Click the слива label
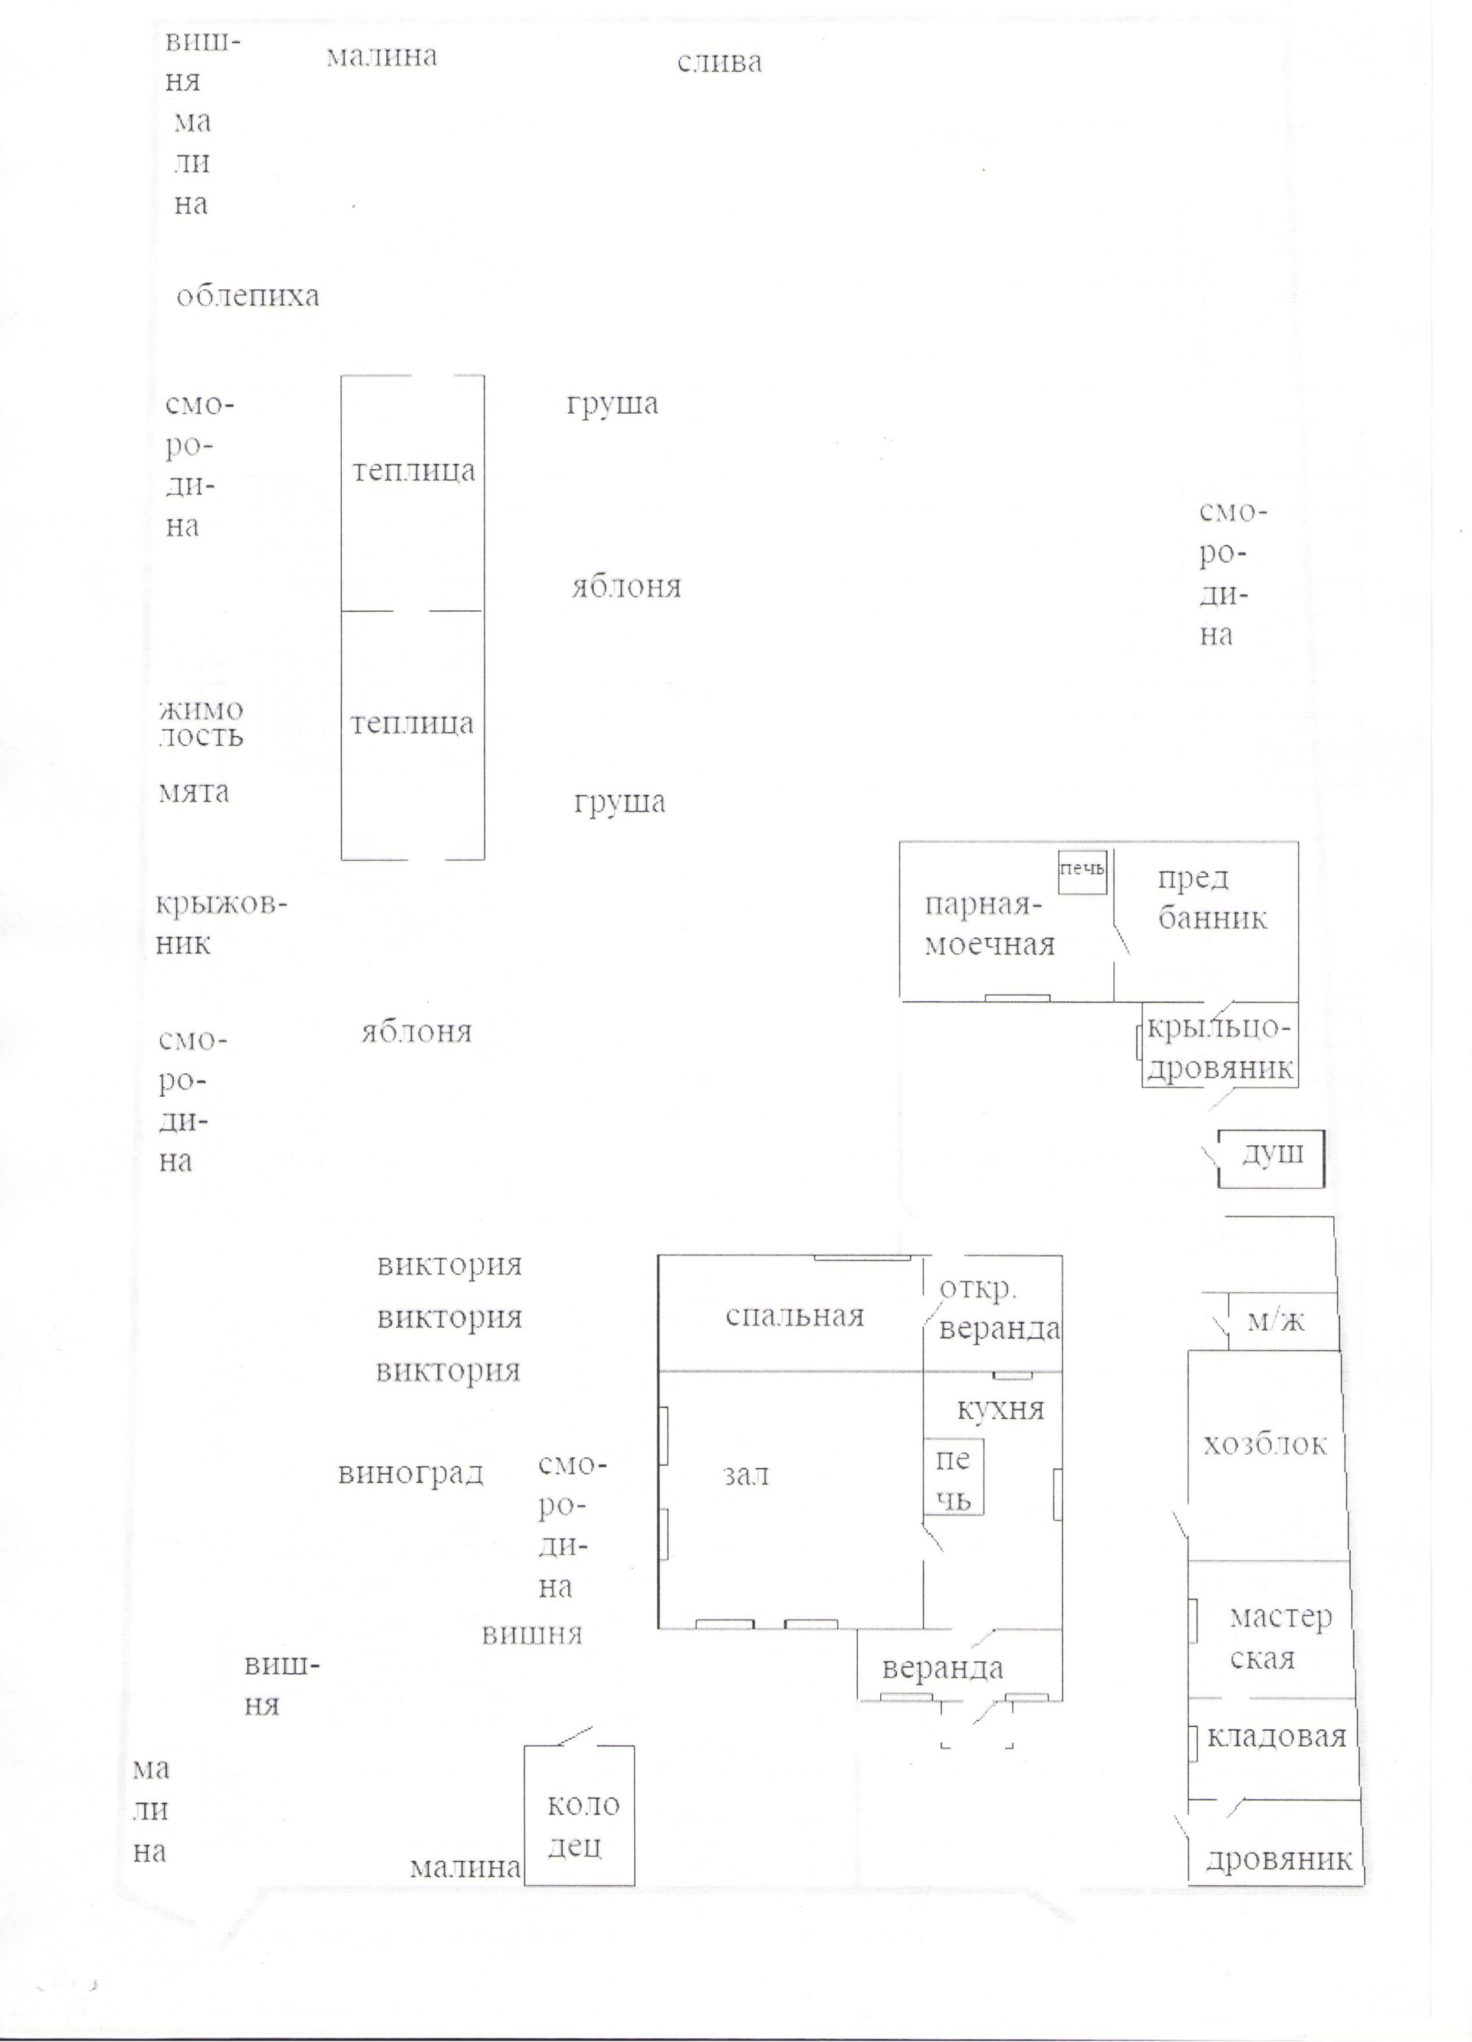(x=719, y=62)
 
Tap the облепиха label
(x=248, y=295)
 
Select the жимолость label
(x=201, y=723)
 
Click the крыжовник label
(x=221, y=924)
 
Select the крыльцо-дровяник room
(x=1220, y=1045)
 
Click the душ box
(x=1271, y=1159)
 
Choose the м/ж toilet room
(x=1282, y=1321)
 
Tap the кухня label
(x=1001, y=1409)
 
